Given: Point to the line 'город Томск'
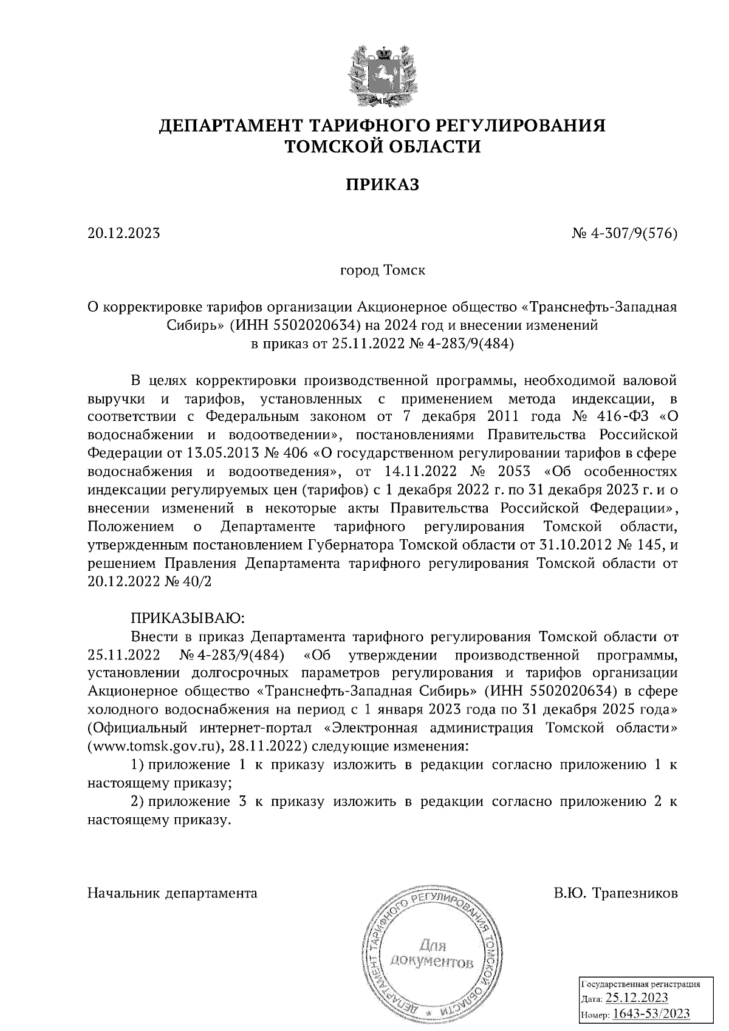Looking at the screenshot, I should tap(382, 270).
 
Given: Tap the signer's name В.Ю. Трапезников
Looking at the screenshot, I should tap(615, 893).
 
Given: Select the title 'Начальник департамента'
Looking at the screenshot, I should tap(173, 893).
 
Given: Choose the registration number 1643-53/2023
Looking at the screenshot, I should tap(651, 1014).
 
